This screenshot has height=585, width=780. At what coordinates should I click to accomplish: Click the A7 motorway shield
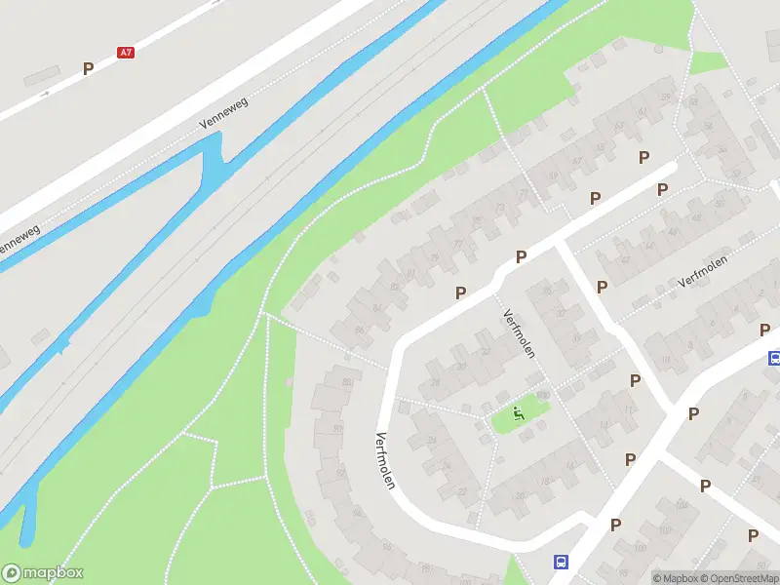coord(125,53)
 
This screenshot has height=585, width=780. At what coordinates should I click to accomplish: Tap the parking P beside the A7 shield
coord(88,68)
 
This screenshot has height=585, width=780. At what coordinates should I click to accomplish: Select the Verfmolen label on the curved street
coord(384,460)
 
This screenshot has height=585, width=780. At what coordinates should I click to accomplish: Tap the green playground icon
coord(519,412)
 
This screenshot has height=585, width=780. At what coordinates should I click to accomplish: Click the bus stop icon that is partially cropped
coord(774,358)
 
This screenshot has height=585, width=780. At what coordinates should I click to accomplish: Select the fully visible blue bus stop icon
coord(561,562)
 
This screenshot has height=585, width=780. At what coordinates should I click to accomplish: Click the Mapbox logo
coord(43,573)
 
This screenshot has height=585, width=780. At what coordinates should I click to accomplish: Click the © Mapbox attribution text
coord(675,578)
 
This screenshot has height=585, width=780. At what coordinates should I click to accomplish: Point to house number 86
coord(360,331)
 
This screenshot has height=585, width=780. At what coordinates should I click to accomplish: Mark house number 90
coord(337,428)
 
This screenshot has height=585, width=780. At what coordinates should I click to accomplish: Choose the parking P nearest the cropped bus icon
coord(763,331)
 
